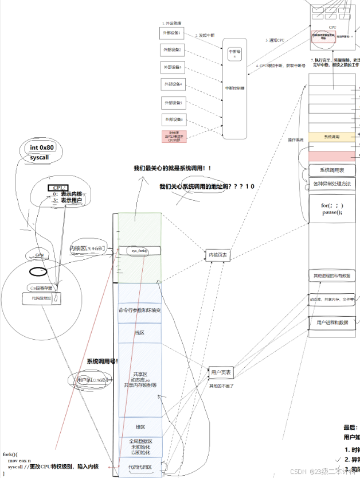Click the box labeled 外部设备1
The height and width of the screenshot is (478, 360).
tap(173, 33)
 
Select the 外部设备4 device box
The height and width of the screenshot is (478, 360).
tap(173, 84)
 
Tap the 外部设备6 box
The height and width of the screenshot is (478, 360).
tap(173, 119)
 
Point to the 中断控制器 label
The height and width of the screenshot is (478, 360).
tap(234, 88)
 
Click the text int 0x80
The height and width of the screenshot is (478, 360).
tap(42, 147)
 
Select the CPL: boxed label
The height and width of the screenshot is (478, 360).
tap(57, 188)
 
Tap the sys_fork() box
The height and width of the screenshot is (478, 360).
tap(139, 251)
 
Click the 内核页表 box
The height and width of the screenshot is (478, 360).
tap(218, 255)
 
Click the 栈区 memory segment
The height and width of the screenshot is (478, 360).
tap(139, 332)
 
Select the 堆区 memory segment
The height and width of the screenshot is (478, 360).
tap(139, 427)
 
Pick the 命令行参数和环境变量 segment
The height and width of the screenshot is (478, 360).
tap(139, 310)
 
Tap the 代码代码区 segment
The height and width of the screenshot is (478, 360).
tap(139, 468)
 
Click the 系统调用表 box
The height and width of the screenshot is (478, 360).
tap(331, 170)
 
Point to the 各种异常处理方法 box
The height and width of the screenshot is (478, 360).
tap(331, 184)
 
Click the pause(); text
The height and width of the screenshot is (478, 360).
tap(331, 212)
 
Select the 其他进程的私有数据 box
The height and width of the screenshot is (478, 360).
tap(331, 276)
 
